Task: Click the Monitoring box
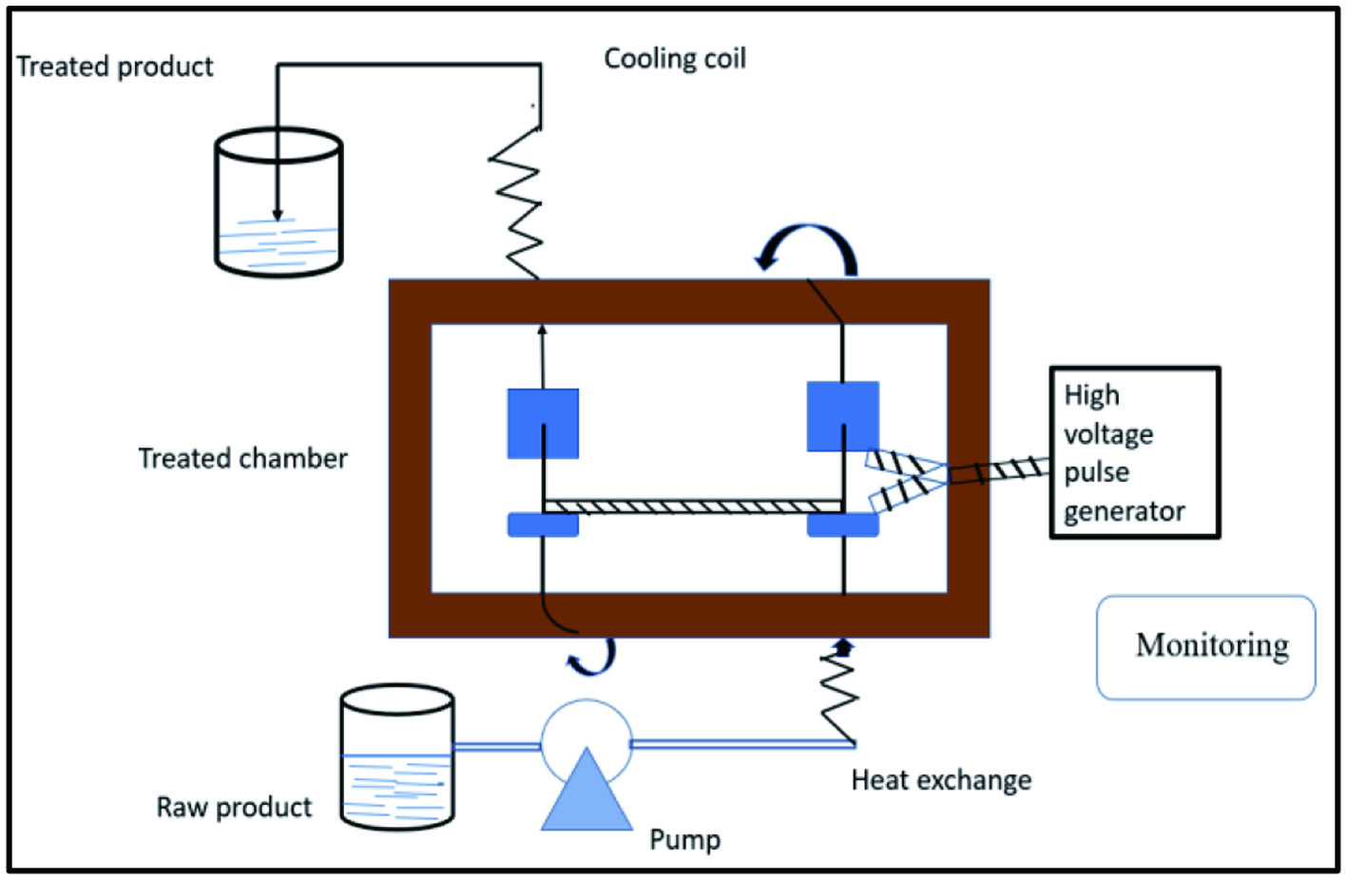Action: [x=1205, y=647]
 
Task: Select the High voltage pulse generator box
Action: [x=1134, y=453]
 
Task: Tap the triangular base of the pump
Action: [x=587, y=794]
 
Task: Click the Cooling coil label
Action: [x=675, y=59]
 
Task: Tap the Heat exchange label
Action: [x=941, y=780]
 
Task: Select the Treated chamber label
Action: [x=243, y=458]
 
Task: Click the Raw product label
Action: [x=234, y=807]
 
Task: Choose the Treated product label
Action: [x=115, y=67]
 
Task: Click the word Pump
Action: [x=684, y=839]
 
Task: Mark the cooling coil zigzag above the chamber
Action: [x=516, y=203]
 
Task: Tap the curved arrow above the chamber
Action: [x=808, y=245]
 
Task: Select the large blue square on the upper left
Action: [x=543, y=424]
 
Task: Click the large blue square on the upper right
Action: [x=842, y=416]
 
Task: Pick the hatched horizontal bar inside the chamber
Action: [x=693, y=507]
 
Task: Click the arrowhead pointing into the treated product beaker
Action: [x=278, y=215]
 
